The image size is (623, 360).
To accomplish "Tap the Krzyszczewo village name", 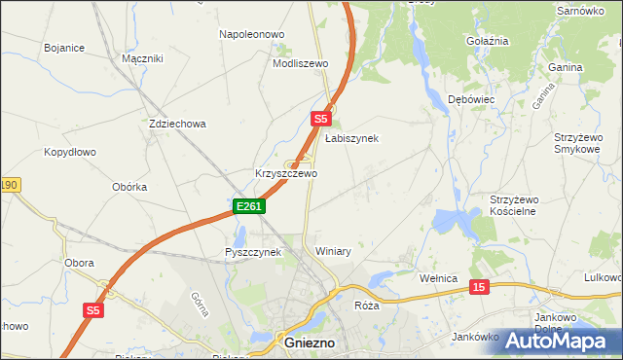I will coord(286,174).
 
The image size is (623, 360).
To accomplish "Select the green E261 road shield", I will coord(249,206).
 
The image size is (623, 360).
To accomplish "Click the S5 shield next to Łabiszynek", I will coord(322,119).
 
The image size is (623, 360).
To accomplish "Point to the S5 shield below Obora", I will coord(92,310).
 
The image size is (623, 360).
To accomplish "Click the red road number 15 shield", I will coord(478,287).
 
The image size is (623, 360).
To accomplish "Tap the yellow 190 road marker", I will coord(9,185).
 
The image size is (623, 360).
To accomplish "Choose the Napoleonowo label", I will coord(251,34).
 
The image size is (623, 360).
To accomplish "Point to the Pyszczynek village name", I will coord(252,252).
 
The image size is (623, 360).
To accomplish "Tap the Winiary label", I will coord(333,251).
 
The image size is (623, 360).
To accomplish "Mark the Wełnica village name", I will coord(438,278).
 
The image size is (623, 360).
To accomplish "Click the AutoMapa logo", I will coord(559,341).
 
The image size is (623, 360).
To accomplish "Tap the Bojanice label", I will coord(64,47).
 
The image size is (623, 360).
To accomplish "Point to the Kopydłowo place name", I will coord(70,153).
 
